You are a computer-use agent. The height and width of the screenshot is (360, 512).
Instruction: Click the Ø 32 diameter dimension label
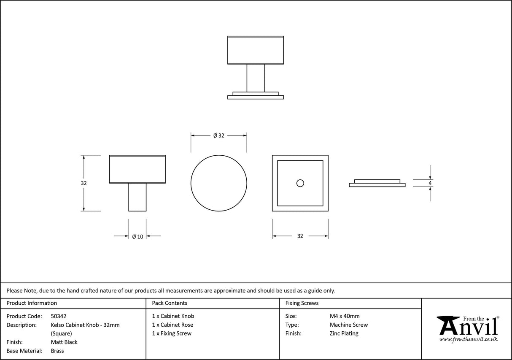218,135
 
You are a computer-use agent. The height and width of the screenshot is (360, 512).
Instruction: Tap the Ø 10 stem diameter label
137,236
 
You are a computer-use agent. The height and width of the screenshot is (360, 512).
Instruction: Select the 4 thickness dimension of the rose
430,183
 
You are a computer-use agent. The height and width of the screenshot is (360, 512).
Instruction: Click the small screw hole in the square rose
300,183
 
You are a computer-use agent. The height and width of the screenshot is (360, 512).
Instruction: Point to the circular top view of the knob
218,183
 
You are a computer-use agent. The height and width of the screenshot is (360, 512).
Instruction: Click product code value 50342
59,316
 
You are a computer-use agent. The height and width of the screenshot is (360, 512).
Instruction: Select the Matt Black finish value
64,342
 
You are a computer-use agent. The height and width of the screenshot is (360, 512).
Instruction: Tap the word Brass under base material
57,351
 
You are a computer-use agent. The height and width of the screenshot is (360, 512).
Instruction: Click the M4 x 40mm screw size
345,316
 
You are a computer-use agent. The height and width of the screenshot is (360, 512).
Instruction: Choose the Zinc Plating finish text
344,333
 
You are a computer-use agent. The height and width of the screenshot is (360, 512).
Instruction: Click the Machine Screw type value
349,325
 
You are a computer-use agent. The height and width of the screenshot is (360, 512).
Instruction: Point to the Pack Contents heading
170,303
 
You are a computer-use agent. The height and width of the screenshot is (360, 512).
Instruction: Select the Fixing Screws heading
302,303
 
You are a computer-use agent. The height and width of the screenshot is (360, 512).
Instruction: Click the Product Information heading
32,303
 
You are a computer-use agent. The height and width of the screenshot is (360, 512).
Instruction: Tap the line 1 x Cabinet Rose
172,325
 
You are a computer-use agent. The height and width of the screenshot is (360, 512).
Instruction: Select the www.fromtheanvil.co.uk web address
468,339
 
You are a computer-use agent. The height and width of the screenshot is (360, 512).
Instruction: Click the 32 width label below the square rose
300,236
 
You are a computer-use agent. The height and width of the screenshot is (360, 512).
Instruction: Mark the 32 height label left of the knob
84,183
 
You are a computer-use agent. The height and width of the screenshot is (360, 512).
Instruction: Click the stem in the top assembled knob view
255,78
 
